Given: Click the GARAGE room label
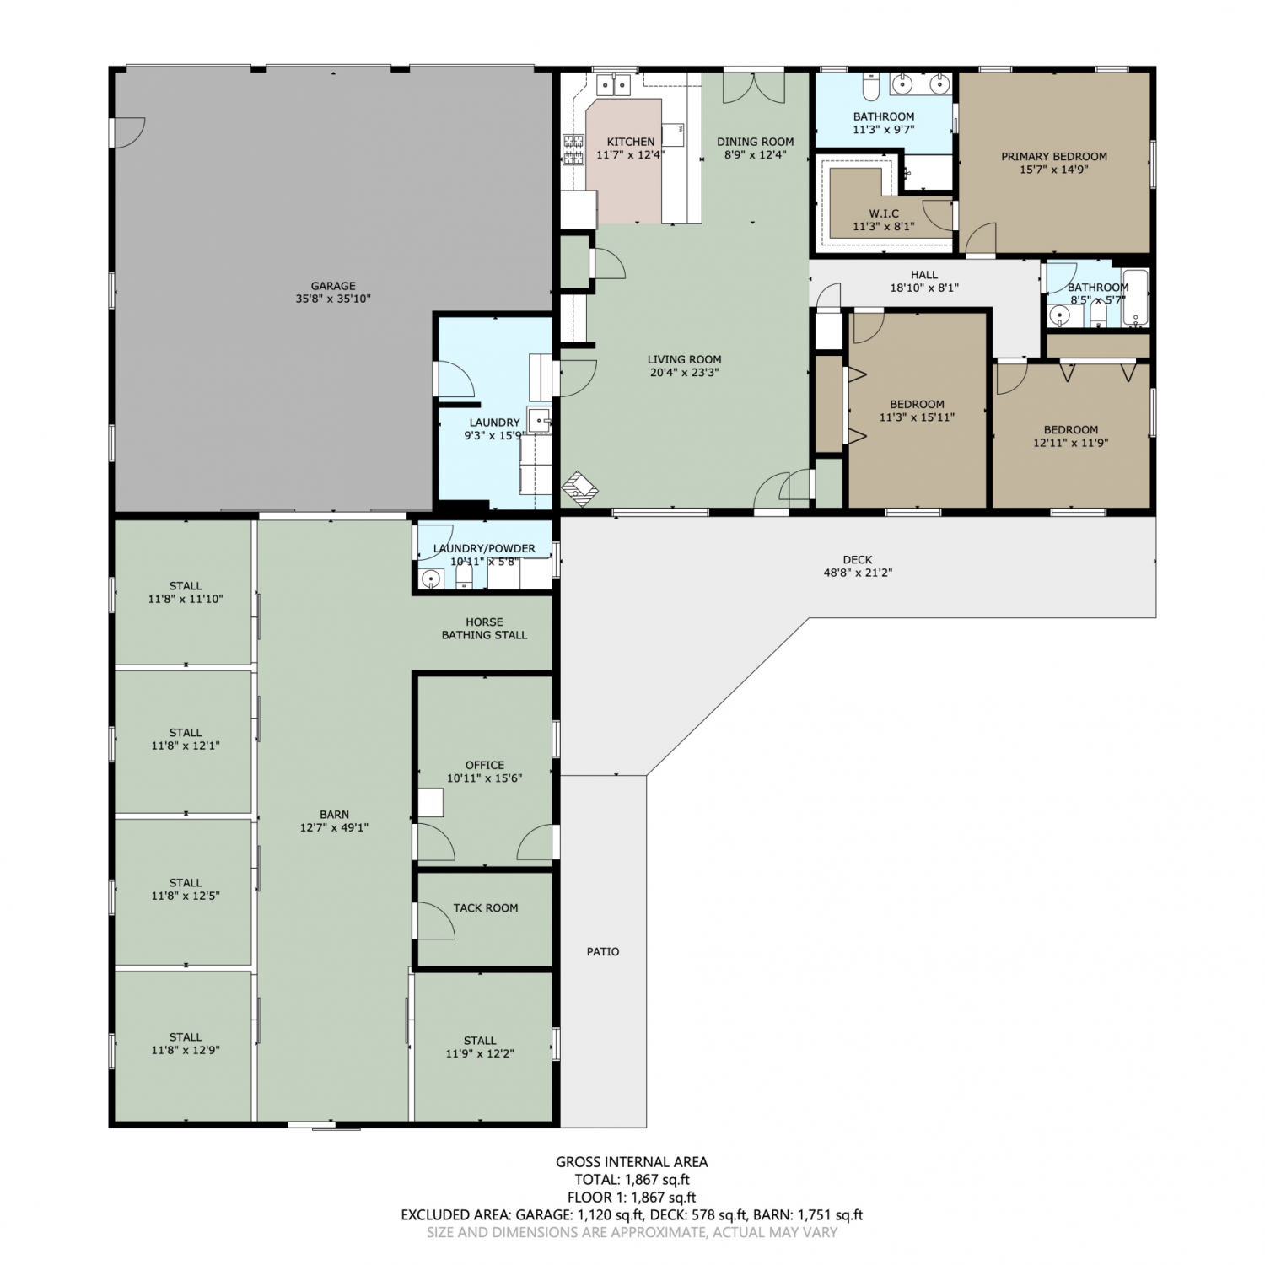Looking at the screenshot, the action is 333,286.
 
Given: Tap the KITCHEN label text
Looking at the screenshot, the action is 631,142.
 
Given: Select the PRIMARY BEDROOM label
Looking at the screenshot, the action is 1054,156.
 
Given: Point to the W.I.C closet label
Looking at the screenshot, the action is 884,213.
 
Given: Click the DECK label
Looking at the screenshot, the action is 858,559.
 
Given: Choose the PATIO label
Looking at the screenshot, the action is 603,951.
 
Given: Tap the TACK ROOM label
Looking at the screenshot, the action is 486,907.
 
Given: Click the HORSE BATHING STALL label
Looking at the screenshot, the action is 484,628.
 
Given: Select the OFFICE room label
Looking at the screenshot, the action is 485,765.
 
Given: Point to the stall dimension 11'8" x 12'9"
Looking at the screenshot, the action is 186,1050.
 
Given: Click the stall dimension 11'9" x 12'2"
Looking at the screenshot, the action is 480,1053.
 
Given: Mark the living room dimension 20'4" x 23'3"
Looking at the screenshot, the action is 684,372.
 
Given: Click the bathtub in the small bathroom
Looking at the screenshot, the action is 1135,298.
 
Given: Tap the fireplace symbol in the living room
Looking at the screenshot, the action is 580,488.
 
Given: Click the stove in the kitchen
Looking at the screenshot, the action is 573,149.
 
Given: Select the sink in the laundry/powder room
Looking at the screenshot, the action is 432,579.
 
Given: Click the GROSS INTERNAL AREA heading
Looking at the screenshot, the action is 632,1162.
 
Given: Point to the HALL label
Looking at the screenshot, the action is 924,275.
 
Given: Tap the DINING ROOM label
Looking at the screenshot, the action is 756,142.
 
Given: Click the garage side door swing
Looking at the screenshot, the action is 129,133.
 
